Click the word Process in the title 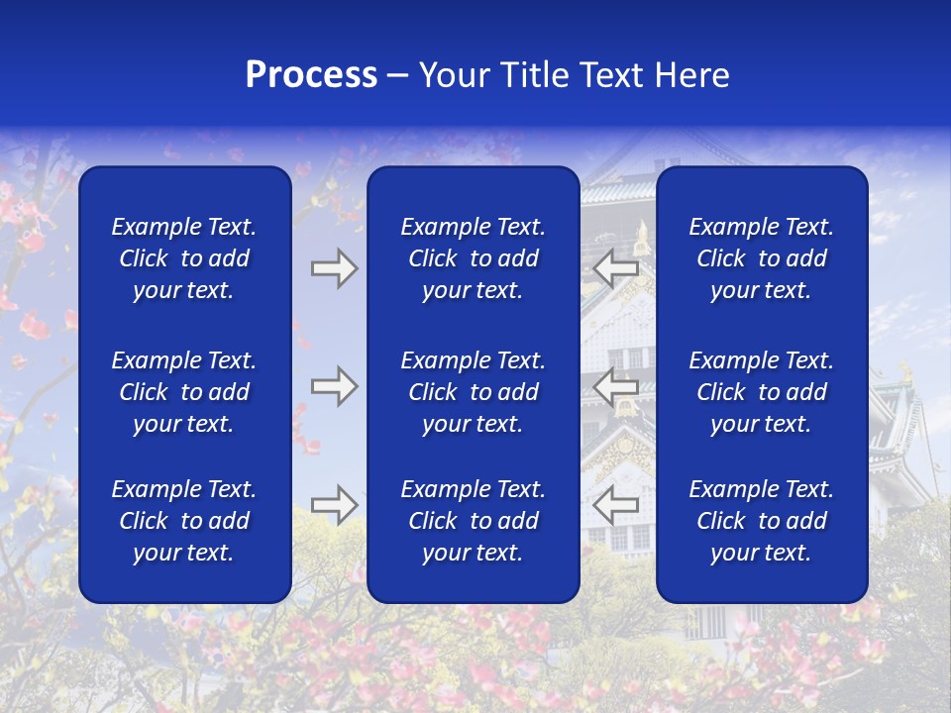tap(311, 75)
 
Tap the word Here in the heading tap(692, 75)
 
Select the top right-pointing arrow tap(334, 268)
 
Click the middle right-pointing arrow tap(334, 386)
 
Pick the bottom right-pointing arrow tap(334, 504)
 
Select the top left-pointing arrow tap(616, 268)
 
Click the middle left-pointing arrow tap(616, 386)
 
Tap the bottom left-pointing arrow tap(616, 504)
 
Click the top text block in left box tap(184, 258)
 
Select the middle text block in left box tap(184, 392)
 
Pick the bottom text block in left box tap(184, 521)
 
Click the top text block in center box tap(473, 258)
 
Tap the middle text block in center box tap(473, 392)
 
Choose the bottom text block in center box tap(473, 521)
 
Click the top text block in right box tap(761, 258)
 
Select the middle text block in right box tap(761, 392)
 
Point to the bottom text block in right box tap(761, 521)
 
